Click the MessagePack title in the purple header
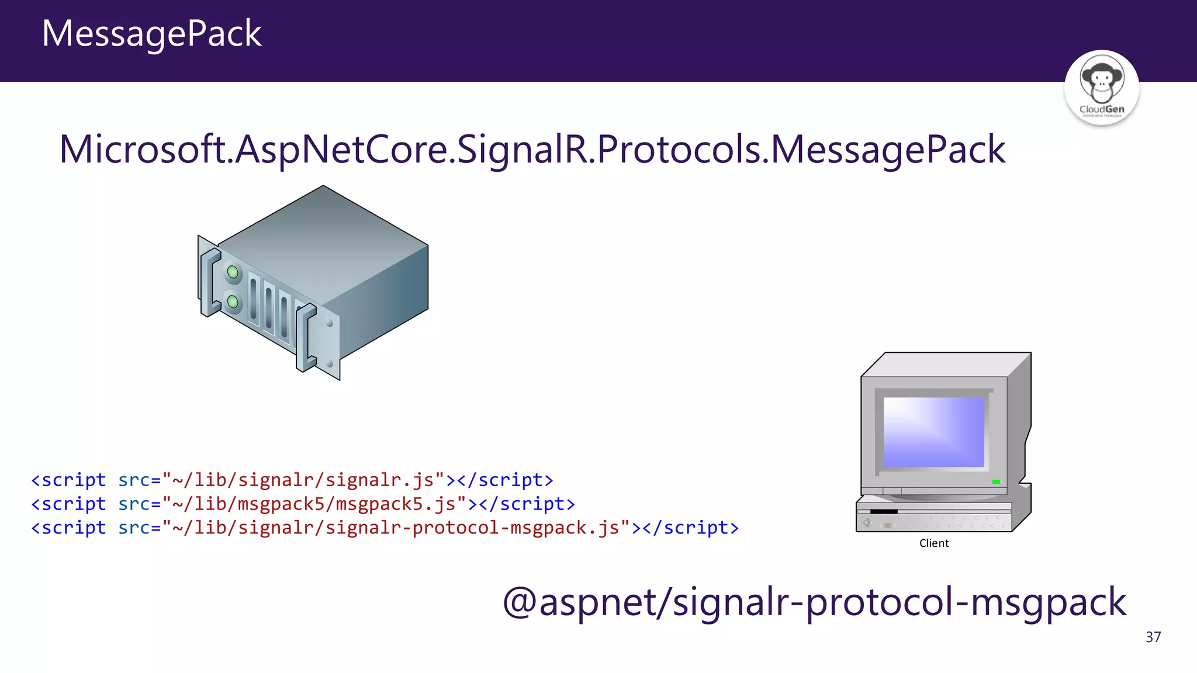pyautogui.click(x=151, y=33)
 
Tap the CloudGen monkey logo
pyautogui.click(x=1101, y=86)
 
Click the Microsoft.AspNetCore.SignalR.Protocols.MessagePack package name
pyautogui.click(x=532, y=150)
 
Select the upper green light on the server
pyautogui.click(x=233, y=272)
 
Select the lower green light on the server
pyautogui.click(x=233, y=301)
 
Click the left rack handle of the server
pyautogui.click(x=209, y=282)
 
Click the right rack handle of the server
pyautogui.click(x=305, y=339)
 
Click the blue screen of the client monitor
pyautogui.click(x=933, y=432)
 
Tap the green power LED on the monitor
pyautogui.click(x=996, y=481)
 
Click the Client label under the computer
pyautogui.click(x=933, y=543)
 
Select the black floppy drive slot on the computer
pyautogui.click(x=883, y=511)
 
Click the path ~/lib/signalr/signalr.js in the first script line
pyautogui.click(x=303, y=480)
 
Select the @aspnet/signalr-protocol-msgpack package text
pyautogui.click(x=814, y=602)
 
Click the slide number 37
pyautogui.click(x=1153, y=637)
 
